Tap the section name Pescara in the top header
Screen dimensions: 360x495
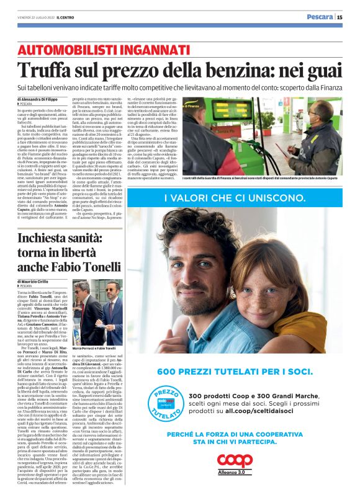320,17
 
